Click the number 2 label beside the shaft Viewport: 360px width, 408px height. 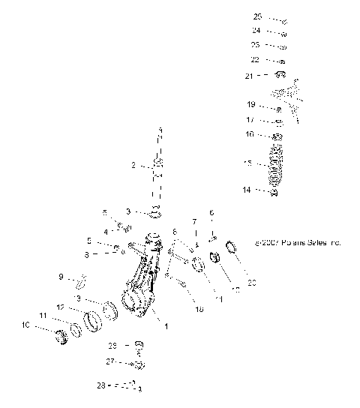(x=133, y=166)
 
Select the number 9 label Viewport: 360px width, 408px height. (x=61, y=277)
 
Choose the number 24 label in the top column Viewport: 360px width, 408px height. (x=256, y=31)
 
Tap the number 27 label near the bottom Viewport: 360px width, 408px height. (x=111, y=361)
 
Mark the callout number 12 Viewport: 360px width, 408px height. (x=61, y=307)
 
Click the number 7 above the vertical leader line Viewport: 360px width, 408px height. (x=194, y=222)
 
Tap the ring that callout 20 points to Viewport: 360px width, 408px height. (x=231, y=246)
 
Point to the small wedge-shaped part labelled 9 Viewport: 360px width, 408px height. (x=82, y=280)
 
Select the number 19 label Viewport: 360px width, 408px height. (x=251, y=104)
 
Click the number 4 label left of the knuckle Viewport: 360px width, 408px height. (x=106, y=231)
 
